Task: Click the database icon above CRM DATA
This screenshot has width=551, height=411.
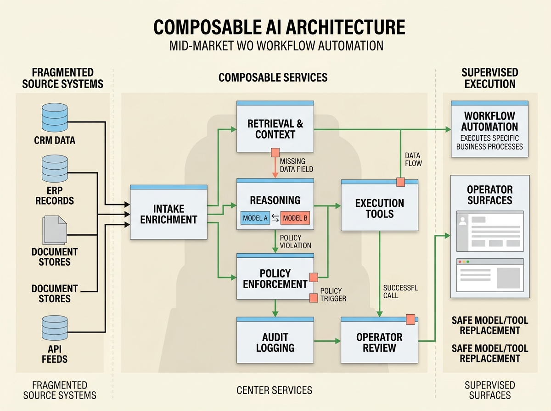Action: coord(55,117)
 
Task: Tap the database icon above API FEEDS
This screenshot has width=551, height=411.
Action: coord(55,328)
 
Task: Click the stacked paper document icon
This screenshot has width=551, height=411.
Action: coord(54,230)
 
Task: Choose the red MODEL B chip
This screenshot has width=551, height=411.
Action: coord(295,218)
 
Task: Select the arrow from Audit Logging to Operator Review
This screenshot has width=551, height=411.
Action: coord(327,341)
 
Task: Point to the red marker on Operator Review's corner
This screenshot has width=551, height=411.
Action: coord(410,319)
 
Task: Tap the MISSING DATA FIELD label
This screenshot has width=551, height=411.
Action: coord(296,166)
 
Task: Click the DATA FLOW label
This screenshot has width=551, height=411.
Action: coord(413,160)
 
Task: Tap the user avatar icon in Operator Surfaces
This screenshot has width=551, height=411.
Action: coord(462,221)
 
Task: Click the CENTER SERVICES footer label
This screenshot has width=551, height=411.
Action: coord(274,390)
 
